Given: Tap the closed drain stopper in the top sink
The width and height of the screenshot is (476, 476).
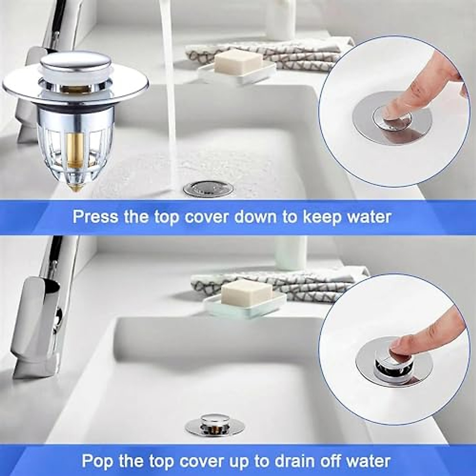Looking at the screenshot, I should point(208,188).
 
